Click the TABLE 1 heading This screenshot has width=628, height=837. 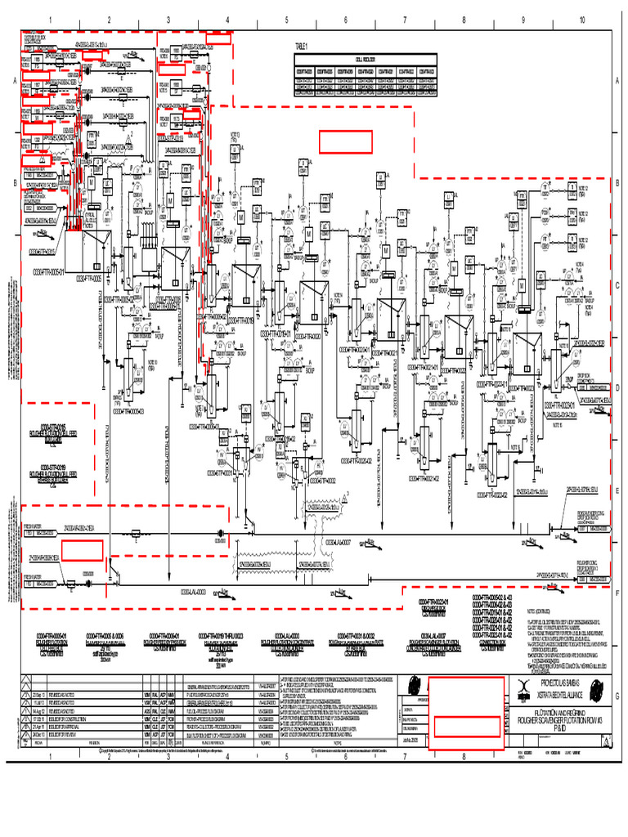coord(303,47)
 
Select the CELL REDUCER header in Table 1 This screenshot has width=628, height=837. coord(366,58)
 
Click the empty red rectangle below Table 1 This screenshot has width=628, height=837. coord(345,141)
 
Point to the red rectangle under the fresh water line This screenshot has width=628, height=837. coord(82,551)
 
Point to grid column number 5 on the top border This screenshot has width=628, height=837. coord(286,20)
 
